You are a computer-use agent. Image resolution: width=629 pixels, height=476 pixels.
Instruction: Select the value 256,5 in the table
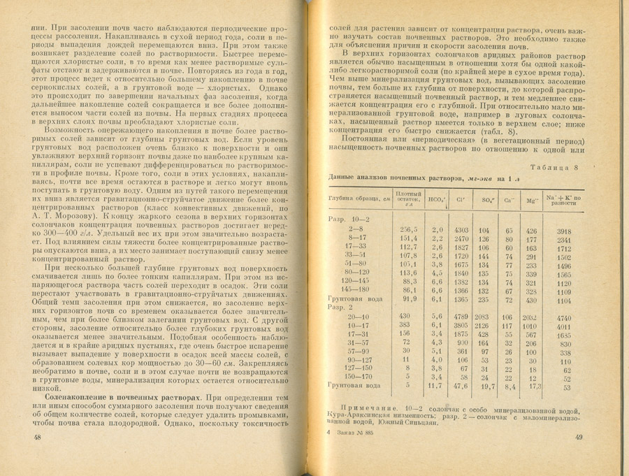[x=407, y=229]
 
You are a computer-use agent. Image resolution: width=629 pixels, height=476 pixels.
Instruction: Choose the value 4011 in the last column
[x=564, y=326]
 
